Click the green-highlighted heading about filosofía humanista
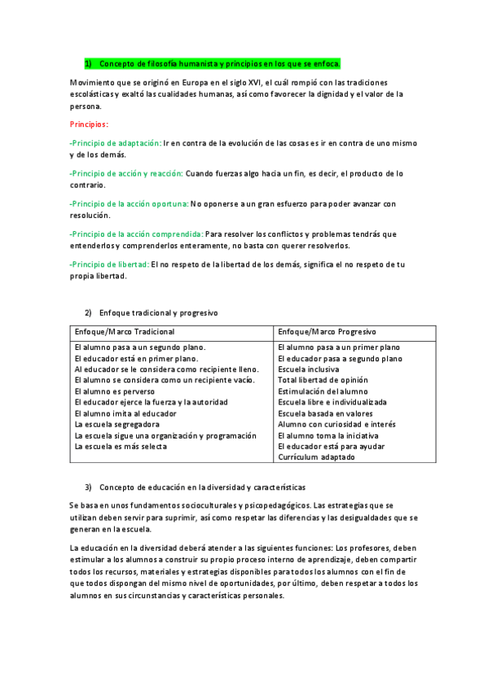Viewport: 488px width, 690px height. [x=213, y=63]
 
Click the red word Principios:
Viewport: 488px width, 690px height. [x=95, y=124]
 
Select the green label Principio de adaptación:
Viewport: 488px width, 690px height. [x=116, y=142]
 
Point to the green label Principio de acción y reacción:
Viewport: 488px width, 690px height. [x=127, y=173]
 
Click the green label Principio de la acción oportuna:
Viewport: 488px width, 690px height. [x=129, y=203]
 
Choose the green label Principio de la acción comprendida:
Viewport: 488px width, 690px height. [x=137, y=234]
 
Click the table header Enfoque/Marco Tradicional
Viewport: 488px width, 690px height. [x=125, y=332]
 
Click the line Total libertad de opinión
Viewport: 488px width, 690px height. [x=323, y=380]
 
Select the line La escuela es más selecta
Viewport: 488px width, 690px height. [x=121, y=446]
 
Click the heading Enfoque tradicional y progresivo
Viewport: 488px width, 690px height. [x=158, y=312]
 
